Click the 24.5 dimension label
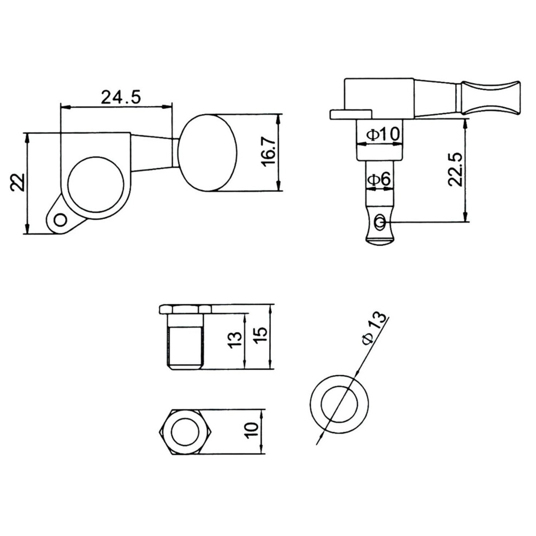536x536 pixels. coord(121,97)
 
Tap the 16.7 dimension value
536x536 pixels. coord(270,150)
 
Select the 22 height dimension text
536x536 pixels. coord(17,182)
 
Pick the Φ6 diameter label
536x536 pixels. coord(379,179)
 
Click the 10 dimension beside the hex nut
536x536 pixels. coord(251,431)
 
